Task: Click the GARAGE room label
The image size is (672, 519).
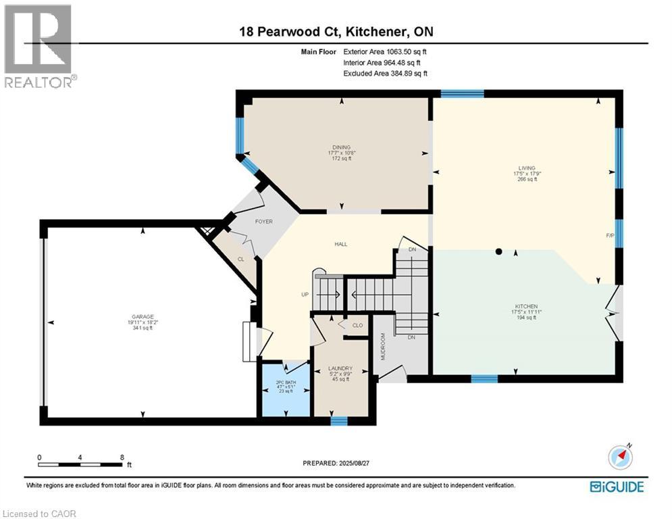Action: tap(143, 316)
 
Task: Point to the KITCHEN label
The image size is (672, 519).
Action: tap(525, 306)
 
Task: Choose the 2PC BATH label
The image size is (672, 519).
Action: tap(284, 383)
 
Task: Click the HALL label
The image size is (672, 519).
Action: tap(341, 244)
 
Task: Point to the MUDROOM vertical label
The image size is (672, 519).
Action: tap(382, 346)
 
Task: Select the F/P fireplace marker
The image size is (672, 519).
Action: tap(609, 236)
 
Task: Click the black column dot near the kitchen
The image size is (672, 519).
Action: tap(498, 251)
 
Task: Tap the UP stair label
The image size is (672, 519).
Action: tap(305, 295)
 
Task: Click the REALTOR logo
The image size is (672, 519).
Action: tap(39, 45)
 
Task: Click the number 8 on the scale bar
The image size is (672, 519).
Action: tap(121, 457)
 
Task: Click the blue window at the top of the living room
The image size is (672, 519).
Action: tap(462, 93)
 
